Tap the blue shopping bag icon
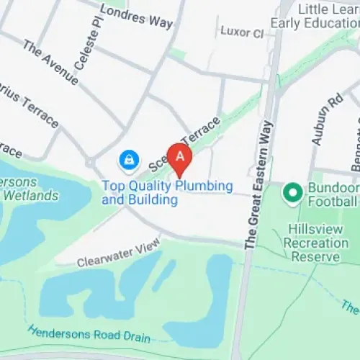tap(128, 158)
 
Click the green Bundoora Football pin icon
tap(292, 192)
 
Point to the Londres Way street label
tap(137, 17)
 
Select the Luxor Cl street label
tap(242, 33)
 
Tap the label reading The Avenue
tap(50, 63)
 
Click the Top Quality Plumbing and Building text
tap(167, 192)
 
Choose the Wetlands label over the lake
tap(29, 195)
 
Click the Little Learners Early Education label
tap(315, 16)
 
